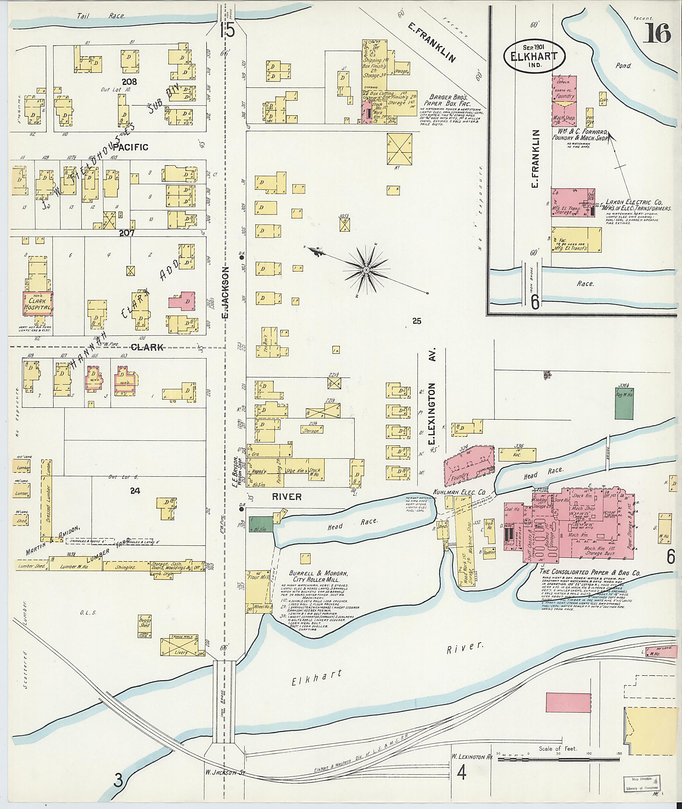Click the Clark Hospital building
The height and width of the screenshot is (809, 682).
pos(38,303)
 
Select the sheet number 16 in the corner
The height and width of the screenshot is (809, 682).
pos(657,34)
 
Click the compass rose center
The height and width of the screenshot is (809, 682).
pos(365,269)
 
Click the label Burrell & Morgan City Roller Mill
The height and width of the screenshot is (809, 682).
pos(320,577)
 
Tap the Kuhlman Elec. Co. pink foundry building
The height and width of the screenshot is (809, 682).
pos(468,466)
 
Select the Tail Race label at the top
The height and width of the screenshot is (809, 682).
pos(101,16)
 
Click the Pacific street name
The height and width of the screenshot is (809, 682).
pos(131,147)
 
